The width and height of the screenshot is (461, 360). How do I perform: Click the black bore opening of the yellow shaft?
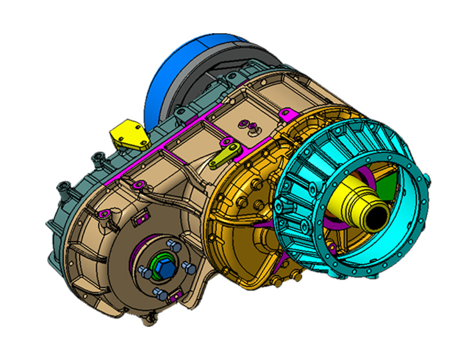click(377, 217)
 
